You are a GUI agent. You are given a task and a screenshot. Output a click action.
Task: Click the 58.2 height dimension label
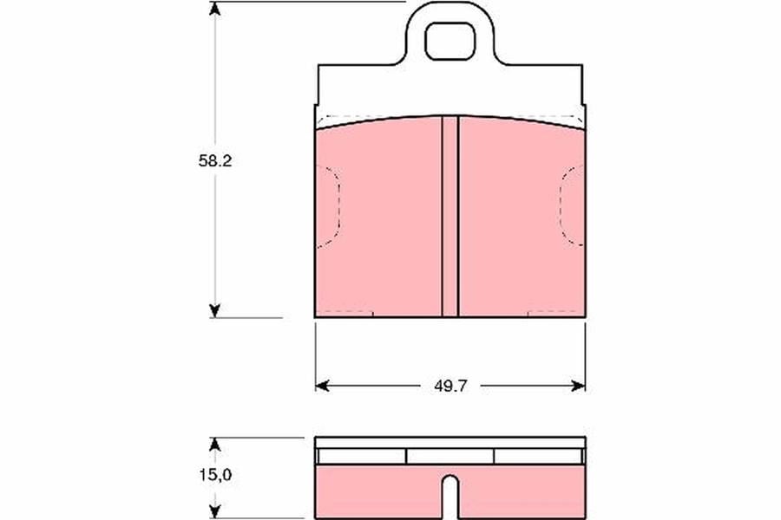click(215, 160)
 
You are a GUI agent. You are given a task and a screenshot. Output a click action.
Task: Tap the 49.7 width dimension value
click(450, 387)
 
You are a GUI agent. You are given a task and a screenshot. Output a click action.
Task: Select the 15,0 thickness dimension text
click(216, 475)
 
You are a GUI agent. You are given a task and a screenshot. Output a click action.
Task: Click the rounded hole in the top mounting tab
click(450, 42)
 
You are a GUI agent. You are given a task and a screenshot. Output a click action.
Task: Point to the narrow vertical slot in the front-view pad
click(450, 217)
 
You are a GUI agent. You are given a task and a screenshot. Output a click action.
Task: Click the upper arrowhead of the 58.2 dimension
click(214, 9)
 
